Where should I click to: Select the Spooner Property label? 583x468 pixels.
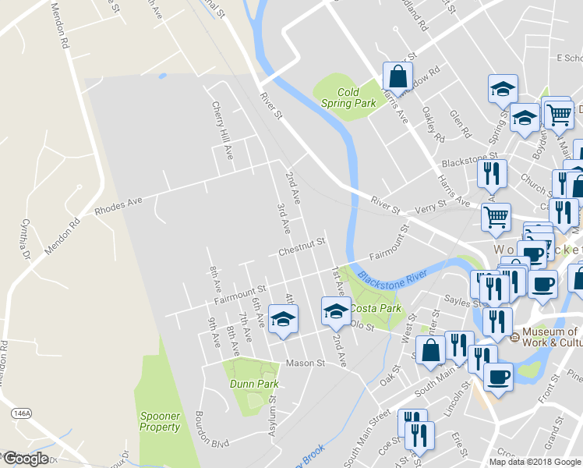(160, 421)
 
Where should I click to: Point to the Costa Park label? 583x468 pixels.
(380, 309)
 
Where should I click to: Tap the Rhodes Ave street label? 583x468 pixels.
(118, 206)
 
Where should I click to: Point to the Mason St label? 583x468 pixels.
(304, 363)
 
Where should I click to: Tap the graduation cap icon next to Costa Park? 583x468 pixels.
(336, 310)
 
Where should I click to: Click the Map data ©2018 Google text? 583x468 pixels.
(534, 462)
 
